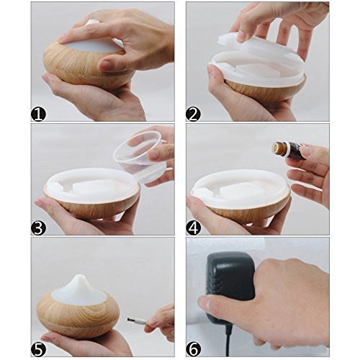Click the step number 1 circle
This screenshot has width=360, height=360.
click(38, 114)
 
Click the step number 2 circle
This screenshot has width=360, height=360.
click(193, 114)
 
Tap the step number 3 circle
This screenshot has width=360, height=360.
click(38, 228)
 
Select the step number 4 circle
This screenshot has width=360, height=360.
click(194, 228)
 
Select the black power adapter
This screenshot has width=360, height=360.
click(230, 288)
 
